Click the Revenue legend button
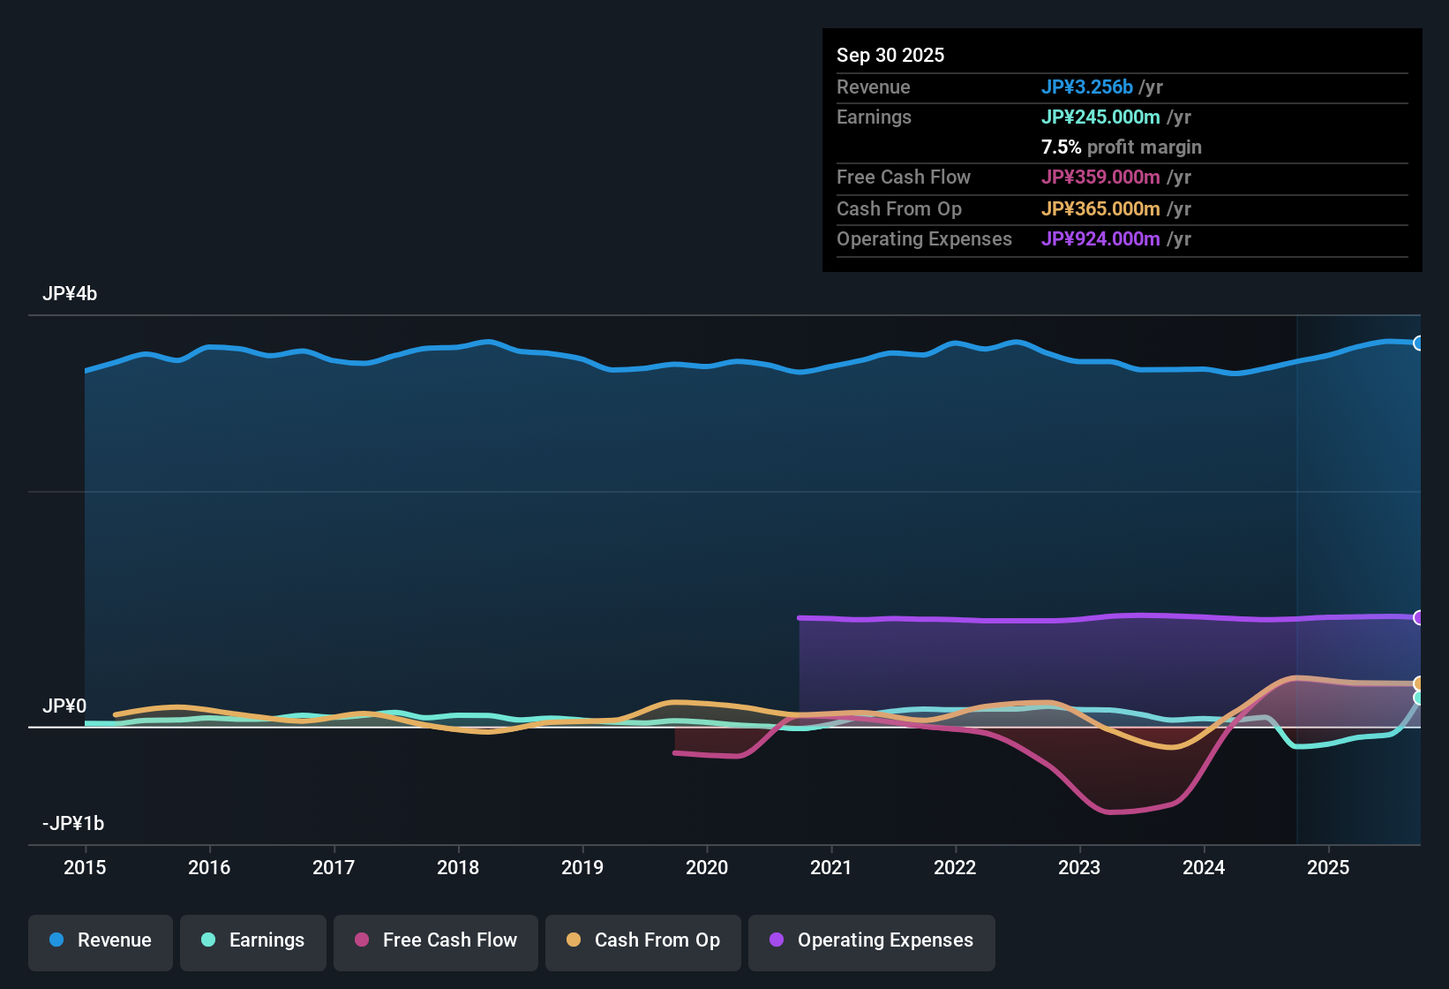click(x=101, y=940)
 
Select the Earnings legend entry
click(x=253, y=940)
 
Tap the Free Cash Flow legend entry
click(x=436, y=940)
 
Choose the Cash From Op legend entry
click(x=643, y=940)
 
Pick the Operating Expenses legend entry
click(x=872, y=940)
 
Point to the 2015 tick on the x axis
click(x=85, y=867)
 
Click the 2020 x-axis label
click(x=707, y=867)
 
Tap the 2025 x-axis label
click(x=1328, y=867)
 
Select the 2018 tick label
click(x=458, y=867)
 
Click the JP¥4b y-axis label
click(x=70, y=294)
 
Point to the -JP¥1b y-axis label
click(x=73, y=824)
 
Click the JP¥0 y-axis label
click(x=64, y=706)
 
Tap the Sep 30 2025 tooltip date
click(x=890, y=55)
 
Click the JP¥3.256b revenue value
click(x=1086, y=87)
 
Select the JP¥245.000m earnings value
click(x=1100, y=117)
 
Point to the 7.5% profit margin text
click(x=1121, y=147)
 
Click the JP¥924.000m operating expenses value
click(x=1100, y=239)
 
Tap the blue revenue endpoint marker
click(x=1418, y=344)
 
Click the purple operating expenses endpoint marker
click(x=1418, y=617)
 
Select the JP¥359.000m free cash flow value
click(x=1100, y=177)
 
